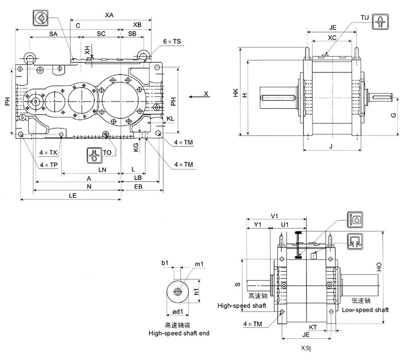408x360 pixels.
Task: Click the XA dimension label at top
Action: click(x=109, y=15)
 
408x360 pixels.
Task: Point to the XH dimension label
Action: click(x=88, y=49)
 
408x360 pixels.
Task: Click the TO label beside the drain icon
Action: click(x=107, y=152)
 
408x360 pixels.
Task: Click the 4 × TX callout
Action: click(x=48, y=152)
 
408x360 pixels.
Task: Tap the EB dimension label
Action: click(x=138, y=187)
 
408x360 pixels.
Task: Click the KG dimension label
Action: click(x=136, y=147)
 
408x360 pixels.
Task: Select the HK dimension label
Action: click(x=235, y=93)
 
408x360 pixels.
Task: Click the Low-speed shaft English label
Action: click(x=365, y=310)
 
